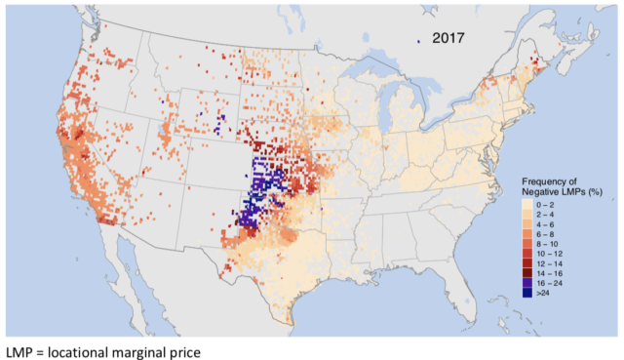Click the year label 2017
pyautogui.click(x=444, y=39)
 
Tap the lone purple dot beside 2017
pyautogui.click(x=417, y=41)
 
